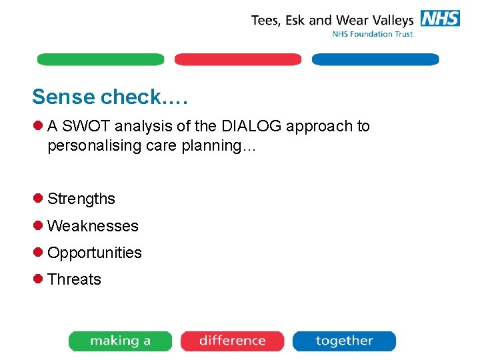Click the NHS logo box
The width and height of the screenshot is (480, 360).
(440, 19)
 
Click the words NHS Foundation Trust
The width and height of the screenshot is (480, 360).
(373, 34)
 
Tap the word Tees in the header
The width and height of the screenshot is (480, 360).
(266, 20)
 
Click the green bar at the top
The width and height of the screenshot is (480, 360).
(100, 59)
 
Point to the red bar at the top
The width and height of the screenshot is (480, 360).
(237, 59)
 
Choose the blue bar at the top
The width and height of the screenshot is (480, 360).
(375, 59)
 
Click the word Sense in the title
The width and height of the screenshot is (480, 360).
(63, 97)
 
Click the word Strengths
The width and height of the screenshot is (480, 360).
(81, 199)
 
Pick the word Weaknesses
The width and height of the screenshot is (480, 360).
(93, 226)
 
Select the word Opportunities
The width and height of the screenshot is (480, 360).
(95, 253)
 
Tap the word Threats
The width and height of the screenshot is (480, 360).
(74, 279)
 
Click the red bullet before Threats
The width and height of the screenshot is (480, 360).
(39, 279)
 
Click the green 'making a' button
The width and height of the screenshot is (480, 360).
(120, 341)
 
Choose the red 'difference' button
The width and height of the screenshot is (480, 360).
(232, 341)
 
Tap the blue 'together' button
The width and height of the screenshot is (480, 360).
(344, 341)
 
